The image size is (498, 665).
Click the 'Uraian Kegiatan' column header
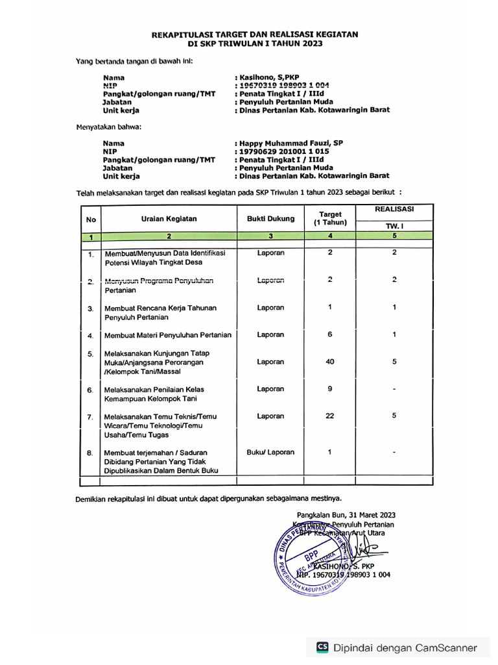point(169,219)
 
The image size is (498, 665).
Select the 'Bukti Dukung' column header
point(270,219)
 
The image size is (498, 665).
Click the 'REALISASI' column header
point(394,209)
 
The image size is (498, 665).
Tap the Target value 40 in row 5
point(330,362)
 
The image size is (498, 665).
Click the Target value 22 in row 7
point(330,416)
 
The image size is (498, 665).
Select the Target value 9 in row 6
point(330,389)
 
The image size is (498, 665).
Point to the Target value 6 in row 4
point(330,334)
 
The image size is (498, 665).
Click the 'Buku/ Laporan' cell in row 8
point(270,452)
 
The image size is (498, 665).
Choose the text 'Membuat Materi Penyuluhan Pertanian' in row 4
point(168,335)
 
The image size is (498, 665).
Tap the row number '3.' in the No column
point(91,309)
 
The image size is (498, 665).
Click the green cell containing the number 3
point(270,236)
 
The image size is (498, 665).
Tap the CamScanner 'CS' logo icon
point(322,647)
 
